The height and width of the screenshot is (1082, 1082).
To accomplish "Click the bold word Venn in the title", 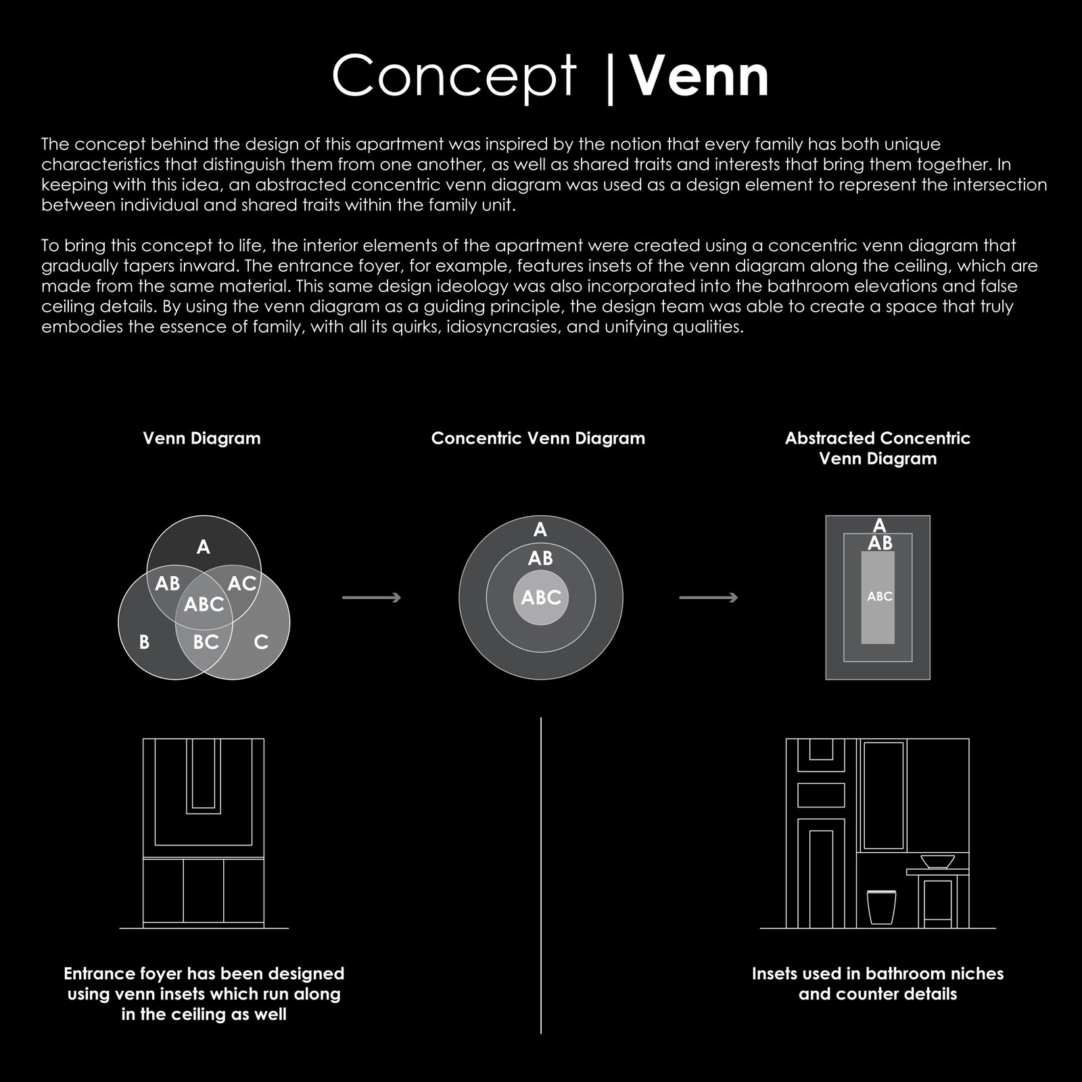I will tap(701, 76).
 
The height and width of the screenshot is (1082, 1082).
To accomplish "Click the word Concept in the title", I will tap(454, 76).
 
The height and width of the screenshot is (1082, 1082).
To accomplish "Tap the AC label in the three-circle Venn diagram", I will tap(241, 583).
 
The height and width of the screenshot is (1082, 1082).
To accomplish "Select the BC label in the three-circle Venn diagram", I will tap(206, 642).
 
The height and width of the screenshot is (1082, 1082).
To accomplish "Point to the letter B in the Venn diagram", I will tap(144, 642).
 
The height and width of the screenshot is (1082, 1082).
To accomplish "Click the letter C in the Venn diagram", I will tap(261, 642).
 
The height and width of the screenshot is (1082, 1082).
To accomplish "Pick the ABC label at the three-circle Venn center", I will tap(204, 604).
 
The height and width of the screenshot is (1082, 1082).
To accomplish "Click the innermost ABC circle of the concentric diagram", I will tap(541, 598).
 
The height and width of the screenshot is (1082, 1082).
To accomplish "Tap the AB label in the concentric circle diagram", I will tap(540, 559).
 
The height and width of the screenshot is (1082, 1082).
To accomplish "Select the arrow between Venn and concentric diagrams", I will tap(372, 598).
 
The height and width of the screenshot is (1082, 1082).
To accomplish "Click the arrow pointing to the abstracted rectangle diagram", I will tap(708, 598).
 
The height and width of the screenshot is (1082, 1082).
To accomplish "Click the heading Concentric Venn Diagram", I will tap(538, 438).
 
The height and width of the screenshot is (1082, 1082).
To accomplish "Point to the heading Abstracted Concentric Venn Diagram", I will tap(877, 448).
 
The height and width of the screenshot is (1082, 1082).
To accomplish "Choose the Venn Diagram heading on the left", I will tap(202, 438).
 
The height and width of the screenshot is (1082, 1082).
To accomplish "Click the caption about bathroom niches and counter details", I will tap(877, 984).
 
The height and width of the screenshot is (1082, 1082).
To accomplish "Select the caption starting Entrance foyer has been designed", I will tap(204, 993).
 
